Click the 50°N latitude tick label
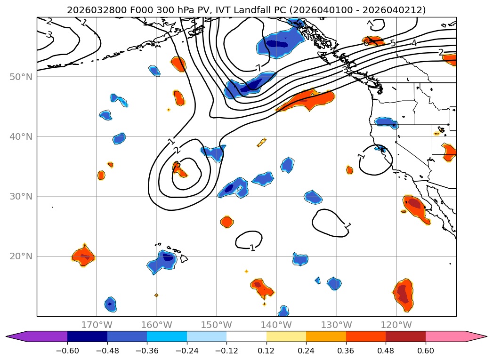(20, 77)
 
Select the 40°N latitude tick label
(20, 136)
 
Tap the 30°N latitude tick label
(20, 196)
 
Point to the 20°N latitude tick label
(20, 256)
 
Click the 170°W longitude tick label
(97, 325)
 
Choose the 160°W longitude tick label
(156, 325)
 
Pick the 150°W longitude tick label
(216, 325)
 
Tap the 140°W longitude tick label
(276, 325)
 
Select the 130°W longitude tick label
(336, 325)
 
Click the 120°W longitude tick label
(396, 325)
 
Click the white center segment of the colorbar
(246, 336)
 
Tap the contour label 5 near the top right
(393, 43)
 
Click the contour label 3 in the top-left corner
(49, 34)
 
